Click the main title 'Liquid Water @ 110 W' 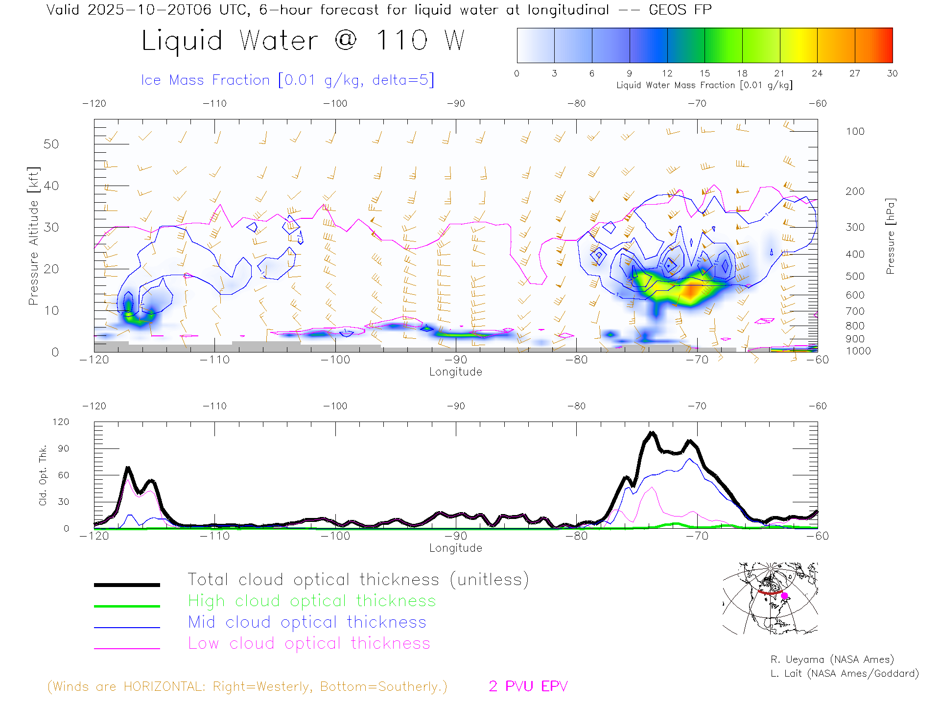point(303,40)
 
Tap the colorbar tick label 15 point(705,73)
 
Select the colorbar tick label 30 point(892,73)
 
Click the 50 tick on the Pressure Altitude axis point(51,144)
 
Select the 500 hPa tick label point(855,276)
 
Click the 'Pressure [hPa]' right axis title point(890,236)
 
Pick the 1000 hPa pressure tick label point(858,351)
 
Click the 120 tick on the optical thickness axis point(61,422)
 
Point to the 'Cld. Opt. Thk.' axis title point(43,475)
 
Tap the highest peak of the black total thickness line point(651,433)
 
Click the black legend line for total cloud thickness point(127,585)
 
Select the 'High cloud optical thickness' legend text point(312,601)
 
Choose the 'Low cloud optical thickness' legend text point(309,643)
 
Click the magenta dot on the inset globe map point(784,596)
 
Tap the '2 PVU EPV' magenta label point(528,686)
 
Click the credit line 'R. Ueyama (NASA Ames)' point(832,659)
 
